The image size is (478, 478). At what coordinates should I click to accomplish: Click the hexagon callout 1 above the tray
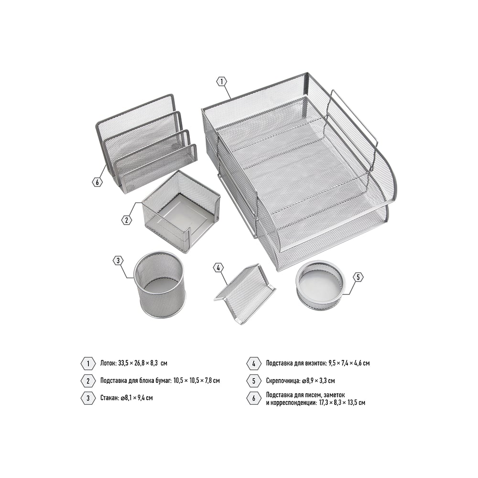222,82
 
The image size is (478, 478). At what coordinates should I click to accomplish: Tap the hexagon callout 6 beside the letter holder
97,182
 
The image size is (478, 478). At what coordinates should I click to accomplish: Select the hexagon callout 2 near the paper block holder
127,220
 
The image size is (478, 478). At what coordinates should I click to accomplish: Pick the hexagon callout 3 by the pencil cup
118,261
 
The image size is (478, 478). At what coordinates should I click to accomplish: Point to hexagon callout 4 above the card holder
218,268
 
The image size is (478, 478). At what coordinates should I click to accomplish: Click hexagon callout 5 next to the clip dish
358,277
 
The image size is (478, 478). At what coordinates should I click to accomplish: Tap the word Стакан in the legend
109,398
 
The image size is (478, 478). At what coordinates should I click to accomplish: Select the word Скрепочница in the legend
283,381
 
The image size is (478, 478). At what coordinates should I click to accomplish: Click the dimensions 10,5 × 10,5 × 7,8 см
196,380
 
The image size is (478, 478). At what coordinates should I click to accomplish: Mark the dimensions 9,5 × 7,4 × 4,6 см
349,363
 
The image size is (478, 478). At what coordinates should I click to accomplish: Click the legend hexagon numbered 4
254,364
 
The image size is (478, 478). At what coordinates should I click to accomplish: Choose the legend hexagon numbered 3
88,398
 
